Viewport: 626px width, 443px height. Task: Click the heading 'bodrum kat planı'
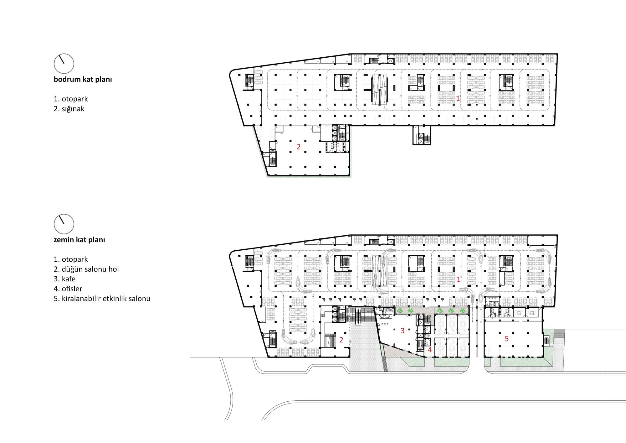point(83,80)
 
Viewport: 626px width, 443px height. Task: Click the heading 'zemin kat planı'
point(79,240)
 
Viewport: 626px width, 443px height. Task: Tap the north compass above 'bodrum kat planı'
point(64,64)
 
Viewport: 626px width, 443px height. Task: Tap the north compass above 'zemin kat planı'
point(64,224)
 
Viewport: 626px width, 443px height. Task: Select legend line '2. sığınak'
point(69,109)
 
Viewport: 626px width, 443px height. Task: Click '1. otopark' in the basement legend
point(71,99)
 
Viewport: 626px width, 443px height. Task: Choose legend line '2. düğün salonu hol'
point(86,269)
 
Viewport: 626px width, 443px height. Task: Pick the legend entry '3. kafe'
point(64,279)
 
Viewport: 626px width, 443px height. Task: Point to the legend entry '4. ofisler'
point(68,289)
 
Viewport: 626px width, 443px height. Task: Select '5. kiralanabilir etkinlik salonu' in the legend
point(102,299)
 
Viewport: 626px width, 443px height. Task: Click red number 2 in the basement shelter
point(299,147)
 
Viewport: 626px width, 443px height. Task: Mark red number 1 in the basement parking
point(458,98)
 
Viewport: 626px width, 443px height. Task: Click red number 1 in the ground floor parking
point(458,279)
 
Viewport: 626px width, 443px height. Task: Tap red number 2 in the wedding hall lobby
point(341,340)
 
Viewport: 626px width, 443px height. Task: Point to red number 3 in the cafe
point(403,331)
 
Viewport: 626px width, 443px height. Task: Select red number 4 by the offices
point(430,350)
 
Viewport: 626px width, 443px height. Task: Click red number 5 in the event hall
point(506,339)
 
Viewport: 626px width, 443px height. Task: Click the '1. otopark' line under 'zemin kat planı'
point(71,259)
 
